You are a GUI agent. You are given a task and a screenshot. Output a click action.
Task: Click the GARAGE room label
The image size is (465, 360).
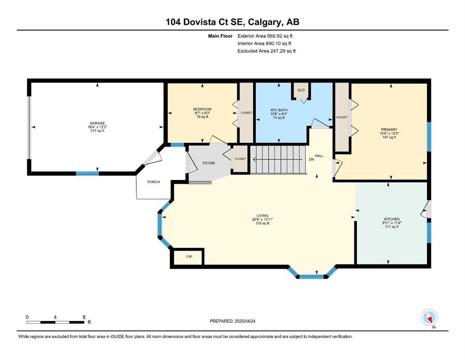click(97, 123)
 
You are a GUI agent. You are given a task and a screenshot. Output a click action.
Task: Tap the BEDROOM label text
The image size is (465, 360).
click(202, 109)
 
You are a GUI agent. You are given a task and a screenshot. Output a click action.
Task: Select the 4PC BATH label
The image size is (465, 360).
click(279, 110)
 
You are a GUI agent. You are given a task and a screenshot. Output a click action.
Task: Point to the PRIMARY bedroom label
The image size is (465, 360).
click(389, 130)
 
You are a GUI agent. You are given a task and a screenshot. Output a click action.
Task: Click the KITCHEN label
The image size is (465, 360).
click(392, 219)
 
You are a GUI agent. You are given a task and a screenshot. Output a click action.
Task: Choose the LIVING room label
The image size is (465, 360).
click(262, 216)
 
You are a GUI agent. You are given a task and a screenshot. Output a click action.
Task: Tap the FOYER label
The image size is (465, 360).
click(209, 163)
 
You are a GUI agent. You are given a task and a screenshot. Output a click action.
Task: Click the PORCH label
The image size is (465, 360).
click(154, 182)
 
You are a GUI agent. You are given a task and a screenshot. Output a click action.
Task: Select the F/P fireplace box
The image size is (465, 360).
click(189, 257)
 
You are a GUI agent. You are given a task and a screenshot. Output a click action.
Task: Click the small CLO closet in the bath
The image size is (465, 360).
click(301, 90)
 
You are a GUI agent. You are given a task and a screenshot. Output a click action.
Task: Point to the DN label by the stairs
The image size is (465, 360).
click(311, 159)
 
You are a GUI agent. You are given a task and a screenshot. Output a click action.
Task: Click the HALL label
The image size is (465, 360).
click(319, 156)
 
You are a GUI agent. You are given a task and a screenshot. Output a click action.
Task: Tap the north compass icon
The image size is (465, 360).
click(429, 317)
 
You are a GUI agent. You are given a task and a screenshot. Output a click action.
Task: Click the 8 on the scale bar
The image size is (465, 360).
click(84, 317)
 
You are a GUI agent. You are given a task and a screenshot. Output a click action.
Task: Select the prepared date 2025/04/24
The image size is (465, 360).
click(245, 321)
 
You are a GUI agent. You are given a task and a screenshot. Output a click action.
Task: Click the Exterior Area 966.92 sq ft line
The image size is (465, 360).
click(265, 36)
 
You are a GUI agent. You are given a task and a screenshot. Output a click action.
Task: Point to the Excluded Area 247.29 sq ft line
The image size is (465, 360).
click(266, 51)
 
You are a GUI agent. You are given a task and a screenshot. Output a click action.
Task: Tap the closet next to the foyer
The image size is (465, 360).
click(240, 159)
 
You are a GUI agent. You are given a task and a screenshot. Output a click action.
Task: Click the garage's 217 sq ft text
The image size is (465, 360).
click(97, 131)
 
